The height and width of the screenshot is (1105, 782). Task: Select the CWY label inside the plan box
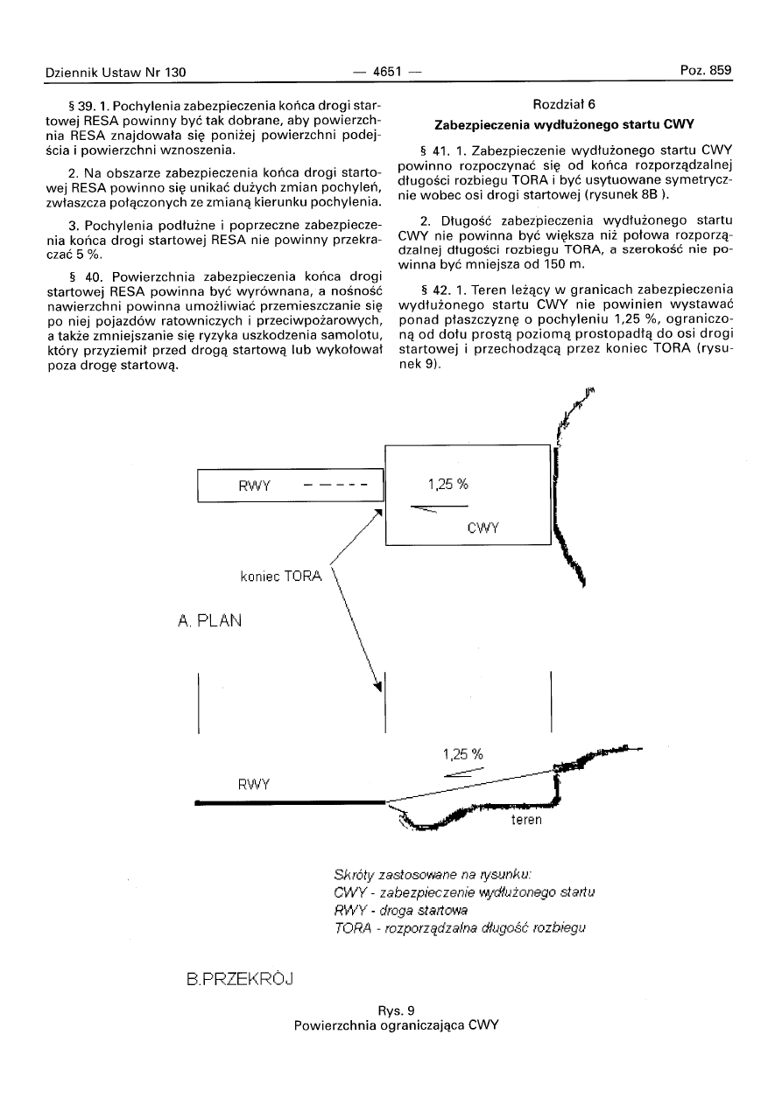click(483, 528)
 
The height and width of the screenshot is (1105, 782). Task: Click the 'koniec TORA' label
click(281, 577)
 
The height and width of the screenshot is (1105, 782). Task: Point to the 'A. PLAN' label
click(209, 621)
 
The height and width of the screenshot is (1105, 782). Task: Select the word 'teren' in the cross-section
click(527, 820)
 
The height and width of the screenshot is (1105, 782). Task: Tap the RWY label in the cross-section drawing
click(253, 783)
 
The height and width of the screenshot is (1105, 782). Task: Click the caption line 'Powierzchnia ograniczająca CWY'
click(396, 1025)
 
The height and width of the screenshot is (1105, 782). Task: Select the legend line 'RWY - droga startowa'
click(401, 910)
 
